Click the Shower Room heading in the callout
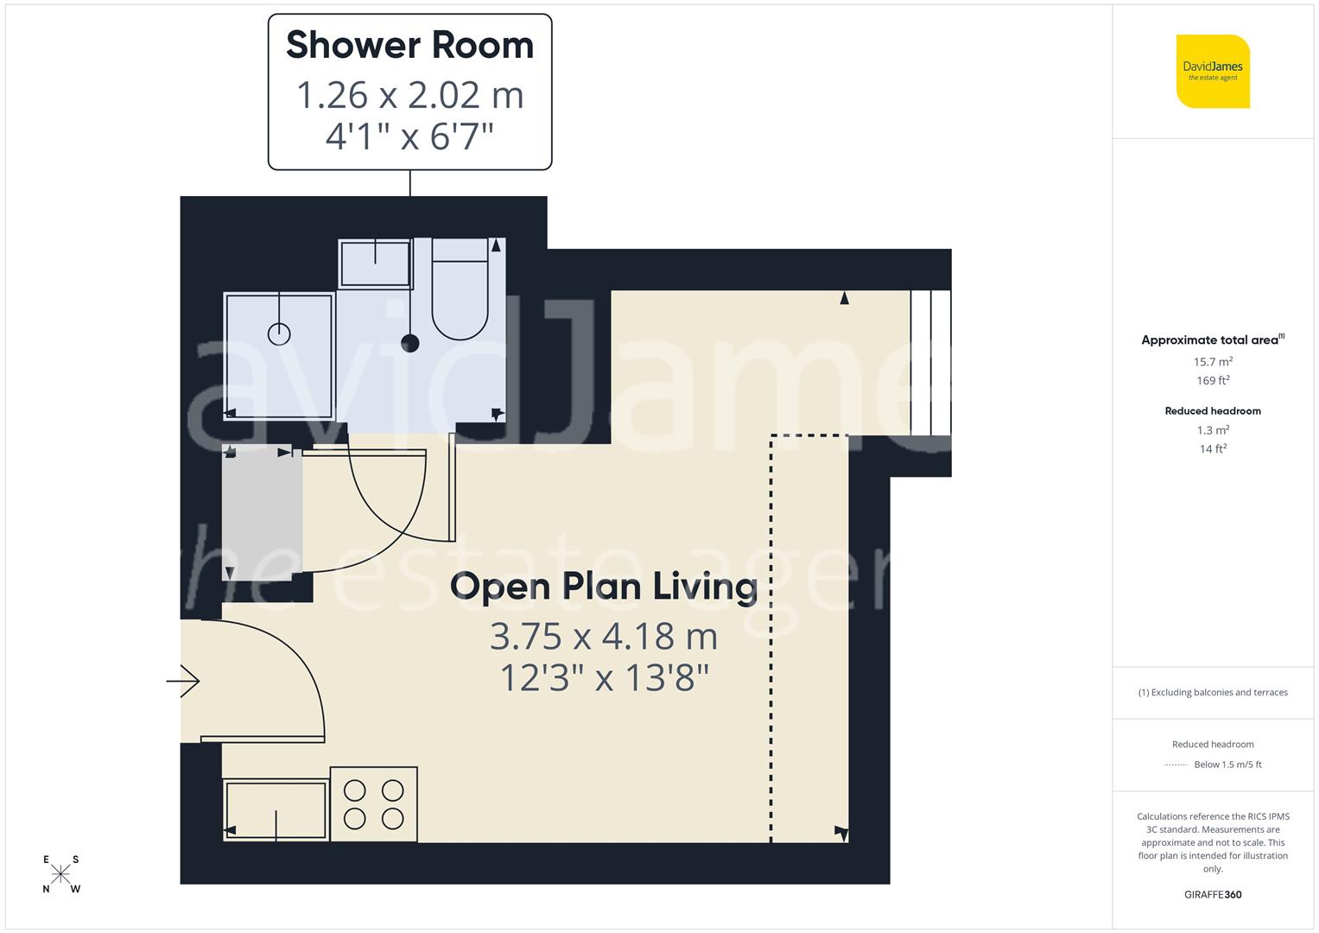[x=409, y=45]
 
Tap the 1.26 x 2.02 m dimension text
[x=409, y=95]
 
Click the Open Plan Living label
[x=604, y=586]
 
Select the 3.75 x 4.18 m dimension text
[x=604, y=637]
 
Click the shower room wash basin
[x=375, y=263]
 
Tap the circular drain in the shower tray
[x=279, y=333]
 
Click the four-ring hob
[x=373, y=804]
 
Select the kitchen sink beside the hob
[x=276, y=809]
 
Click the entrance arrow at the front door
[x=183, y=682]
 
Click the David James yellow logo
[x=1213, y=72]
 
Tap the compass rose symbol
[x=60, y=874]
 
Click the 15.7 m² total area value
[x=1213, y=362]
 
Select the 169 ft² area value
[x=1213, y=381]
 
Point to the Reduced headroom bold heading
[x=1213, y=411]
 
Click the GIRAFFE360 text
[x=1213, y=895]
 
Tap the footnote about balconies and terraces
[x=1213, y=693]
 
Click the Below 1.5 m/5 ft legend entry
[x=1227, y=765]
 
